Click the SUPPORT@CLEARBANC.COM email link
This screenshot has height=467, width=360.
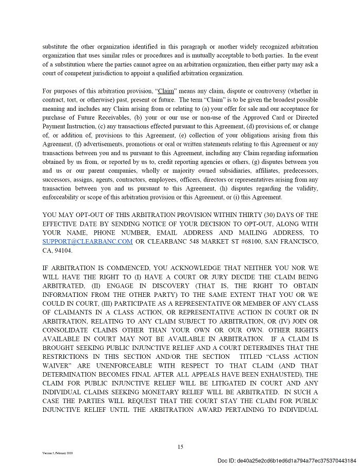tap(88, 241)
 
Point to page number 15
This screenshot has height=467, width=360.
tap(180, 447)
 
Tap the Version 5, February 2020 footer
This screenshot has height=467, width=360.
tap(58, 453)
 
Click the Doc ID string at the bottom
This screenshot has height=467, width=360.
tap(286, 460)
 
